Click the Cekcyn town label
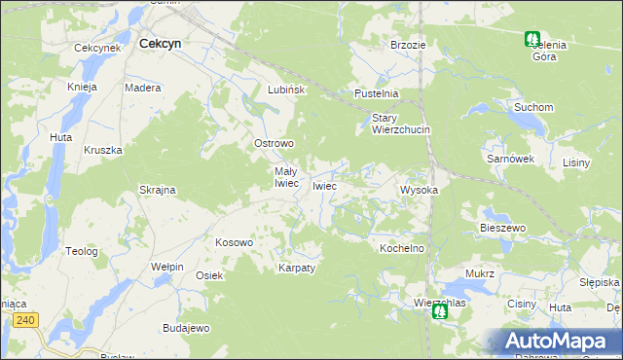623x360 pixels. point(162,44)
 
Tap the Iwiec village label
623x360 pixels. point(324,185)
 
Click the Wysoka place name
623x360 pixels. point(420,190)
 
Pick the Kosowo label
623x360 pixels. point(234,242)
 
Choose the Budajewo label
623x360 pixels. point(186,328)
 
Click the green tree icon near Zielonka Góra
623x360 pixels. point(532,40)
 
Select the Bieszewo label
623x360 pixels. point(502,228)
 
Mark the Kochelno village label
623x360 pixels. point(402,248)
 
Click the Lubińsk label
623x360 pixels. point(287,90)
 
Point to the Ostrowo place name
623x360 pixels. point(274,143)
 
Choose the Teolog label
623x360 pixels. point(82,251)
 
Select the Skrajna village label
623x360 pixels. point(157,190)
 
